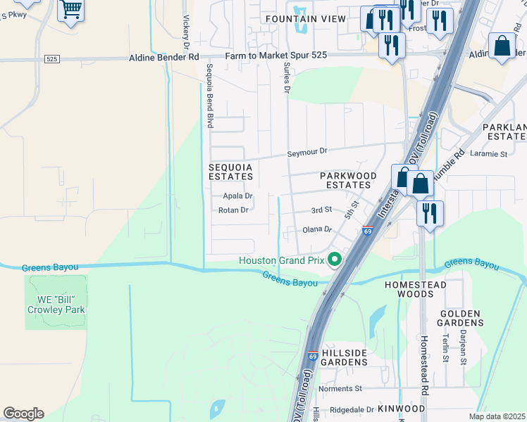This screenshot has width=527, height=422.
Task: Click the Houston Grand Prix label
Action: [x=281, y=260]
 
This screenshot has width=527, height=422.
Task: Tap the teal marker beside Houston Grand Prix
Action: [x=335, y=260]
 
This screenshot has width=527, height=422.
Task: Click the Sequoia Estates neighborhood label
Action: [x=230, y=172]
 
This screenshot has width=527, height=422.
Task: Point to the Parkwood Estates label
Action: [x=345, y=180]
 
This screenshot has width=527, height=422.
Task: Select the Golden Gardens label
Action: [x=461, y=318]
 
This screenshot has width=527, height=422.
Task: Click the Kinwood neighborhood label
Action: [x=401, y=409]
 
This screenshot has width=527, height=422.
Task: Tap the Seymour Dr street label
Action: [x=308, y=151]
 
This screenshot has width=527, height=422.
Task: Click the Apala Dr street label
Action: [x=237, y=196]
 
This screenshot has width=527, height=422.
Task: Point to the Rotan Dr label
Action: [x=233, y=210]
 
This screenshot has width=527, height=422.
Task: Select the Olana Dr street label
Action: [x=317, y=229]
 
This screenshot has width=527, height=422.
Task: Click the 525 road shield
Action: [x=51, y=59]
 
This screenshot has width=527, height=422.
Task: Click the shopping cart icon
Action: [x=70, y=10]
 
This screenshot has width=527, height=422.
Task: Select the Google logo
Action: [x=23, y=414]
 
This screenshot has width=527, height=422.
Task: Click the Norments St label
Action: [x=340, y=388]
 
